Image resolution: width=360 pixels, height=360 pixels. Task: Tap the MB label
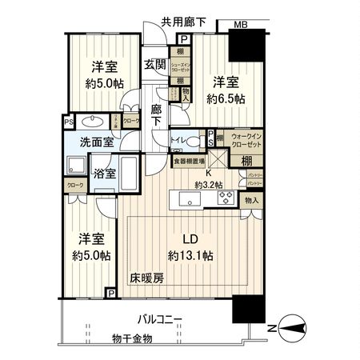(241, 24)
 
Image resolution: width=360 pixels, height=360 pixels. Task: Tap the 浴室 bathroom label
(104, 172)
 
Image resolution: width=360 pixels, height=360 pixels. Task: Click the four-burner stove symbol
(225, 199)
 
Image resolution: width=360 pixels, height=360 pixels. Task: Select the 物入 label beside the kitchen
(251, 200)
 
